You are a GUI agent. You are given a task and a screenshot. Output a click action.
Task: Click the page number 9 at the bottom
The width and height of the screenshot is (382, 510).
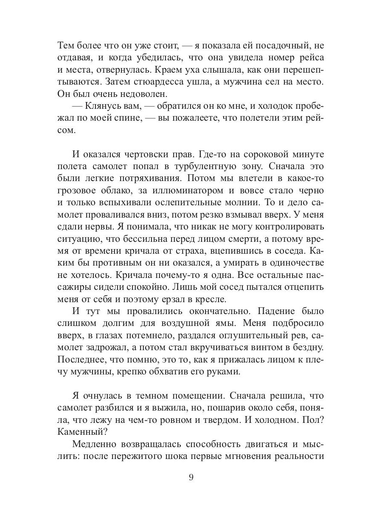(191, 477)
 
